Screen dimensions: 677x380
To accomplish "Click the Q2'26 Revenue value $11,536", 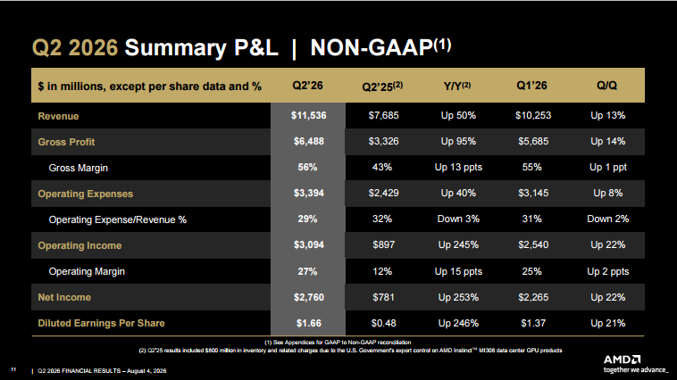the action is pos(308,116).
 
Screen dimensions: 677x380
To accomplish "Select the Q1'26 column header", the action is pos(531,86).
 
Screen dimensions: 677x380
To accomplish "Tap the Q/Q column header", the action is pos(606,86).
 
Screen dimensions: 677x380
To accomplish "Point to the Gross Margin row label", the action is pos(78,168).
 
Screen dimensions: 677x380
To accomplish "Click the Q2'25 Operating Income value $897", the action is pos(383,245).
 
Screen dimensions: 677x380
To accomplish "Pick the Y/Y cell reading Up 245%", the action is pos(458,245).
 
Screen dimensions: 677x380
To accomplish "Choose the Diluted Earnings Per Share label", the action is pos(102,323).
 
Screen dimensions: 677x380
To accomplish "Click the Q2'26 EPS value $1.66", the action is pos(308,323).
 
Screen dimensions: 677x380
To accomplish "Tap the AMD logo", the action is pos(622,359).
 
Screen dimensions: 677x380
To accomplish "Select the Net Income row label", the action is pos(64,297).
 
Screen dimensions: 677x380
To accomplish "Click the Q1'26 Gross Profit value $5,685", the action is pos(533,142).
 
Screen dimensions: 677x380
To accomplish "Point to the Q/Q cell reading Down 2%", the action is pos(607,219).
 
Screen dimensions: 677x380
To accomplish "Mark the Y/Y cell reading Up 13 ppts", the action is pos(458,168).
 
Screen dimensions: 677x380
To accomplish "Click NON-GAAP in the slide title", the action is pos(372,47).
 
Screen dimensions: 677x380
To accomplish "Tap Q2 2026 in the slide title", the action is pos(75,47).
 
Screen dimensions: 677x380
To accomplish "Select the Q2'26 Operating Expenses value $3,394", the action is pos(309,194).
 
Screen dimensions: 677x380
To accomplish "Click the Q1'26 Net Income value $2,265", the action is pos(533,297).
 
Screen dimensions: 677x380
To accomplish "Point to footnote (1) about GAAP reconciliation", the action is pos(338,342).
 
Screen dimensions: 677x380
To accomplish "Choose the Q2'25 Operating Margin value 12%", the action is pos(382,271).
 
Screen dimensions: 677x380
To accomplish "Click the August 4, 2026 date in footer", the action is pos(146,370).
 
